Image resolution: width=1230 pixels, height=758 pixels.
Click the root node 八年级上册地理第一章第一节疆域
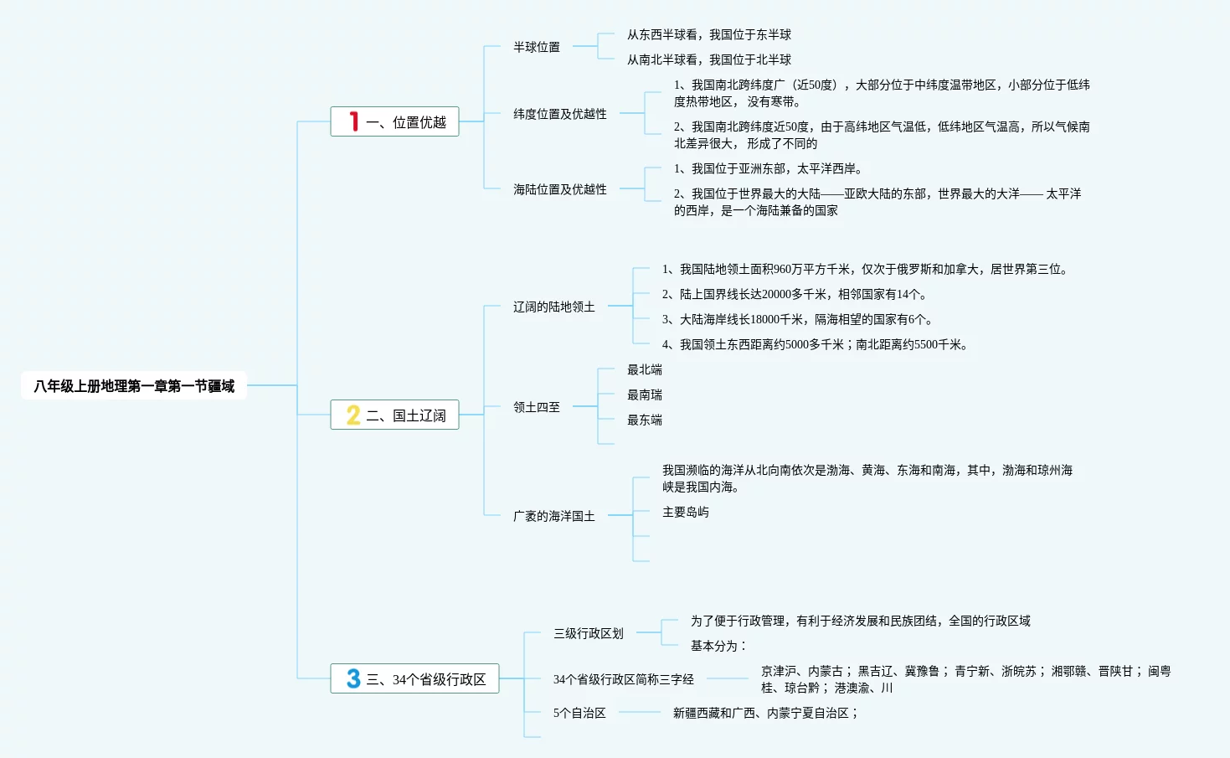click(x=134, y=386)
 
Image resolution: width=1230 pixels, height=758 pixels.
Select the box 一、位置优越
click(x=394, y=122)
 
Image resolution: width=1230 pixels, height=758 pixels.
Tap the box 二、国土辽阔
click(x=394, y=415)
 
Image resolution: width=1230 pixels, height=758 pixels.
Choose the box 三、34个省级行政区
click(x=414, y=679)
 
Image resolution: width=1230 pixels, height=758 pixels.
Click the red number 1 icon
click(x=354, y=121)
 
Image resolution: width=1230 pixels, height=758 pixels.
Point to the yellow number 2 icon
click(x=353, y=415)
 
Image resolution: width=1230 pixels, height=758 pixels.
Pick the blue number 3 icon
click(x=353, y=678)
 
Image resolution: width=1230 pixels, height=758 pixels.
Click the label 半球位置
click(x=537, y=48)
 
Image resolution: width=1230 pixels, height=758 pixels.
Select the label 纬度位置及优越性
click(x=560, y=114)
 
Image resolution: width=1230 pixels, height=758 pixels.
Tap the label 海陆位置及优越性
click(x=560, y=189)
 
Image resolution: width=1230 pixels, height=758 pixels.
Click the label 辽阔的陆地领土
click(x=554, y=307)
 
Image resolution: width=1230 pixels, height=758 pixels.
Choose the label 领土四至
click(x=537, y=407)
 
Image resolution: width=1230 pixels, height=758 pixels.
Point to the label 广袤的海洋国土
click(x=554, y=516)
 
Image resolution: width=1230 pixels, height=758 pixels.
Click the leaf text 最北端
click(x=645, y=369)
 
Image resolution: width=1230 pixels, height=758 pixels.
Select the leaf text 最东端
click(x=645, y=420)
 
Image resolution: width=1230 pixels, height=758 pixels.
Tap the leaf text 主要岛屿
click(x=686, y=512)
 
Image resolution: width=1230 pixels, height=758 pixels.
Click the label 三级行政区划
click(x=589, y=633)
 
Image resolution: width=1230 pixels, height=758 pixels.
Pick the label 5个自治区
click(x=579, y=713)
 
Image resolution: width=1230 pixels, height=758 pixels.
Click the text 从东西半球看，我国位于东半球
click(x=709, y=34)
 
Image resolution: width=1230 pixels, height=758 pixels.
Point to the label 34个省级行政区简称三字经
click(x=624, y=679)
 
